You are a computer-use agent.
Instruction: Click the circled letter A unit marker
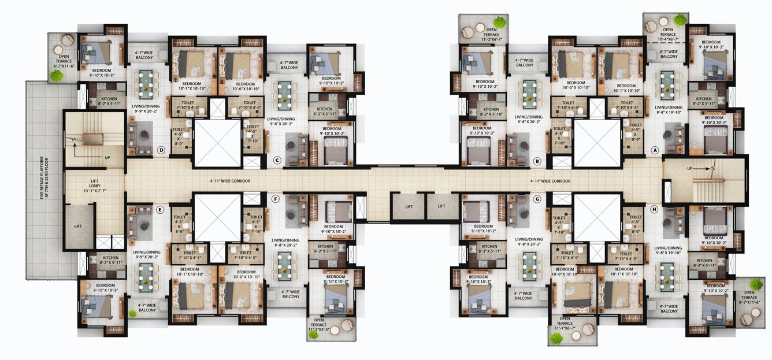pos(655,149)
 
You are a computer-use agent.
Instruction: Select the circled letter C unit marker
pos(277,160)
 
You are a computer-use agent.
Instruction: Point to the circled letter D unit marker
pos(161,151)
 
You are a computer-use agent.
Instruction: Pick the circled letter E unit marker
pos(161,210)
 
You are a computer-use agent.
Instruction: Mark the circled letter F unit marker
pos(276,199)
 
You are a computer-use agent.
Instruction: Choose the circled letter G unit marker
pos(537,199)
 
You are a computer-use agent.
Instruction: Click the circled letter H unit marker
pos(654,210)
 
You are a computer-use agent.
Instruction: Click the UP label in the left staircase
pos(107,157)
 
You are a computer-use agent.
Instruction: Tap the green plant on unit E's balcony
pos(132,314)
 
